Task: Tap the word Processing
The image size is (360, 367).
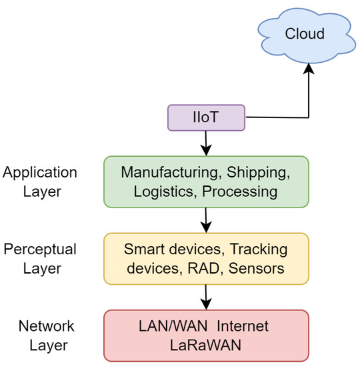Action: (234, 192)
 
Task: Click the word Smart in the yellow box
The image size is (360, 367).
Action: (143, 250)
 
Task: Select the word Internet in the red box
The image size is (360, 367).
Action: (242, 326)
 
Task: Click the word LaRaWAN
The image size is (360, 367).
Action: (205, 346)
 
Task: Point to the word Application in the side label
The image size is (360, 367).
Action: (40, 172)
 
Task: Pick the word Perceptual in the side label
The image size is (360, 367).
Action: (40, 249)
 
